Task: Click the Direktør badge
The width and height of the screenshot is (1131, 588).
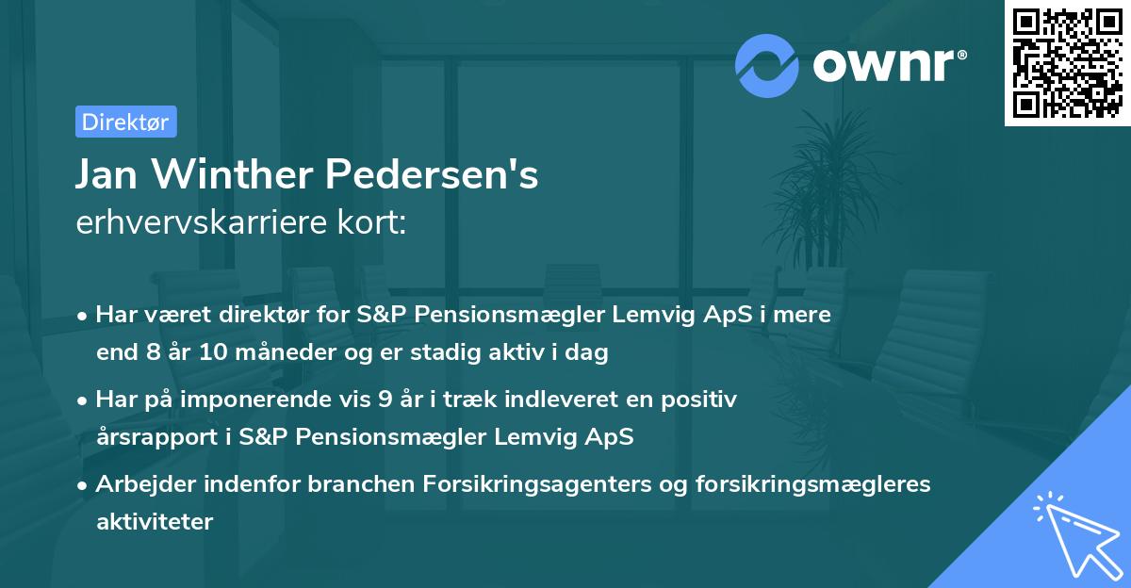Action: [125, 122]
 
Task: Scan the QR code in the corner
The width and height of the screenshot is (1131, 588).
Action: [1067, 62]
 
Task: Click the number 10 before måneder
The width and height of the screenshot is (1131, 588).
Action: [189, 353]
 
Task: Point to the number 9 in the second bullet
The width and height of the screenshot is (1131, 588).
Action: [385, 399]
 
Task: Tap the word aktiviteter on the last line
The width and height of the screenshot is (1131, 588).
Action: [155, 521]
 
